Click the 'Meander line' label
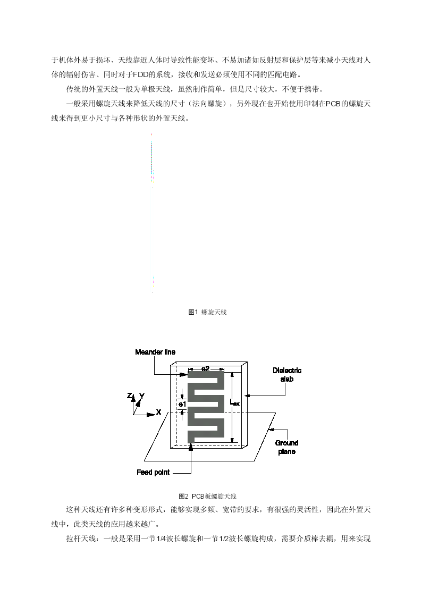[x=155, y=352]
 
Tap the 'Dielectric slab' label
[x=287, y=375]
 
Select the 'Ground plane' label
[x=286, y=447]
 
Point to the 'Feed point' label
[x=153, y=472]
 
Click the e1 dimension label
[x=182, y=404]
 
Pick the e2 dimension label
[x=206, y=368]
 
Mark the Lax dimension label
[x=235, y=402]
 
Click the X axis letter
[x=159, y=413]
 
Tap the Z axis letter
[x=129, y=396]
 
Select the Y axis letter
[x=141, y=396]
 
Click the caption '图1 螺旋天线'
[x=207, y=312]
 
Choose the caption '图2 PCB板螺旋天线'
[x=207, y=497]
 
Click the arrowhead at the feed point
[x=191, y=447]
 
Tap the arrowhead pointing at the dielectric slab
[x=247, y=396]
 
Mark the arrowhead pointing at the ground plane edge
[x=271, y=430]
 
